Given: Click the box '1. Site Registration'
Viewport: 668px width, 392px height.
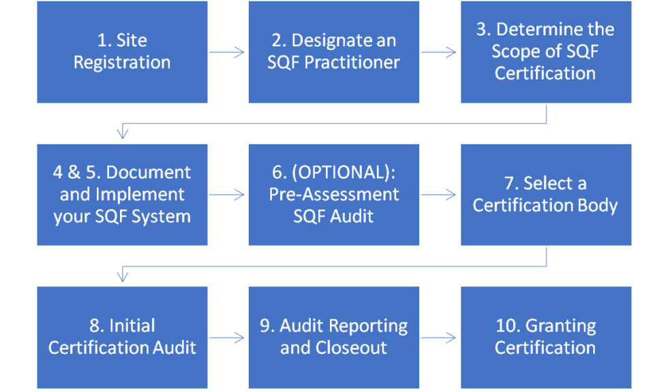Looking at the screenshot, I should [122, 52].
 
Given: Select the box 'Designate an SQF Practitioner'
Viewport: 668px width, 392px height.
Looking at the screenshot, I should [333, 52].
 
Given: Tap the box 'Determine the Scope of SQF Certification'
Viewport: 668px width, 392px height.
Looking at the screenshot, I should [545, 52].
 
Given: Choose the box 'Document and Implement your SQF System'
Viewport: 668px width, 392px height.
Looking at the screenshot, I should [122, 195].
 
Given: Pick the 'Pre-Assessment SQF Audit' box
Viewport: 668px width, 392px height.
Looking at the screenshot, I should [333, 195].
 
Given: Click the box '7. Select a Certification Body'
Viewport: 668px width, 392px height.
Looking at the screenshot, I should [545, 195].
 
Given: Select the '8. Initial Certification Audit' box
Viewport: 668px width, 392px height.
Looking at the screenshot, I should [122, 337].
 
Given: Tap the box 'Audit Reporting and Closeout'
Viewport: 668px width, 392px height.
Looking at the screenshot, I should [333, 337].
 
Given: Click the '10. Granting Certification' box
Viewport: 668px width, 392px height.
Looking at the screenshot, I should [545, 337].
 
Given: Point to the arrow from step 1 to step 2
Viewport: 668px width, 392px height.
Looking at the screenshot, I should [228, 52].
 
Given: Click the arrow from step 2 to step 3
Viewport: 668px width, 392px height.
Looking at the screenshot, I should [440, 52].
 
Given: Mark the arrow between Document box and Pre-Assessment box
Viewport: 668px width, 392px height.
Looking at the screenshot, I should [228, 195].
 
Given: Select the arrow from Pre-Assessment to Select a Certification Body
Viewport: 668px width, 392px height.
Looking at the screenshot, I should [440, 195].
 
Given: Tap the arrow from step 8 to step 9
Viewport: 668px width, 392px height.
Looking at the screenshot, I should [228, 337].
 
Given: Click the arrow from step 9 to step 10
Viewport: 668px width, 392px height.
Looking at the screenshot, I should [440, 337].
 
